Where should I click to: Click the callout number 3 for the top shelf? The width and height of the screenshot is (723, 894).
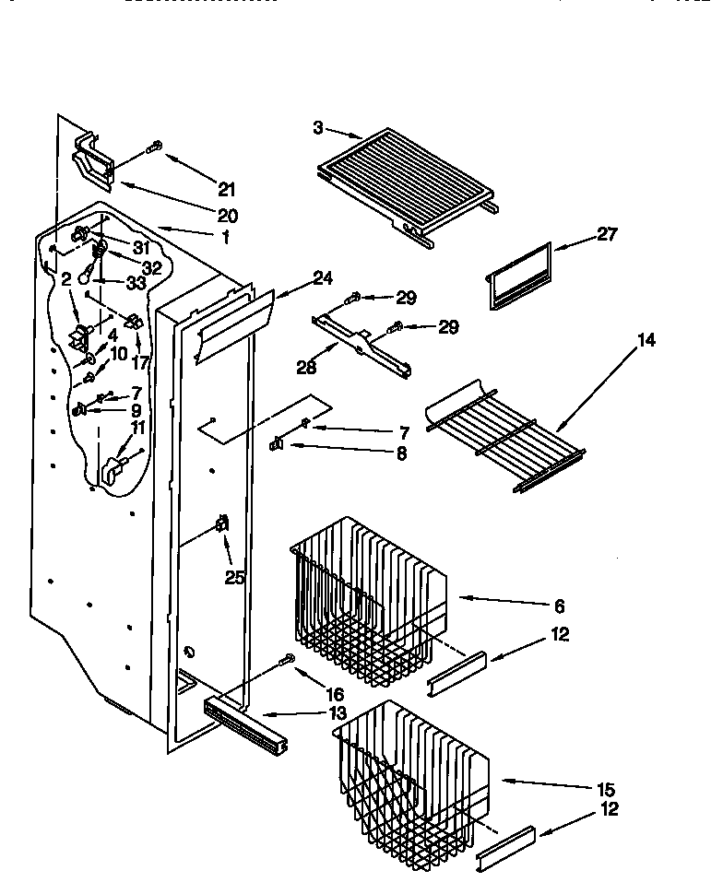tap(318, 128)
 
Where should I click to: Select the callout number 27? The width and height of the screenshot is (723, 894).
tap(608, 234)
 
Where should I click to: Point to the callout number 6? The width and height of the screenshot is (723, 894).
tap(560, 606)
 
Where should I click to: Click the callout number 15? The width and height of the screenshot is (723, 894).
tap(606, 790)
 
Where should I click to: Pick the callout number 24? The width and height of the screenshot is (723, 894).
tap(298, 276)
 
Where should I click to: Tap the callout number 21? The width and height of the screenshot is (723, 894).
tap(227, 191)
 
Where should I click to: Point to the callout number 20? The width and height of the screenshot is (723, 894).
tap(227, 217)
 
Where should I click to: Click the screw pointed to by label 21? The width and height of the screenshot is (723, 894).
tap(154, 147)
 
